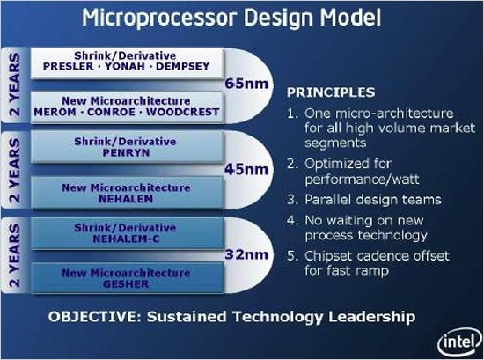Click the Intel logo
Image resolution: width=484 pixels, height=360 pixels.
[460, 342]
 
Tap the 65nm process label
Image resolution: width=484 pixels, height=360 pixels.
[246, 84]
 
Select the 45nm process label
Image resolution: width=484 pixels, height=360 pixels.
[246, 169]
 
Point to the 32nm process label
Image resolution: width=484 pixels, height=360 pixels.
[246, 254]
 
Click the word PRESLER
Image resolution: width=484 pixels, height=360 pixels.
[69, 66]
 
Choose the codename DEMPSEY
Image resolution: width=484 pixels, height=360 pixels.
[182, 66]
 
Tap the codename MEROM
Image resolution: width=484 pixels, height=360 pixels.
[55, 112]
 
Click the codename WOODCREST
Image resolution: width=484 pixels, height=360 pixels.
[183, 112]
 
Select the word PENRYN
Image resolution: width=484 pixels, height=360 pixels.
[126, 152]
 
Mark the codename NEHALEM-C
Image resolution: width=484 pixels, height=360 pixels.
[126, 239]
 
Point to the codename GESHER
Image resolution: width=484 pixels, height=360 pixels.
[126, 283]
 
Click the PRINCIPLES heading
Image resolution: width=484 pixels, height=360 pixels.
[331, 92]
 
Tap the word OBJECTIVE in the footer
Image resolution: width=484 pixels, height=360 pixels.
[94, 317]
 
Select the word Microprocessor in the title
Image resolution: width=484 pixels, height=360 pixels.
[160, 18]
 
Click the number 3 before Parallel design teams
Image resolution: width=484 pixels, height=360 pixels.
[290, 200]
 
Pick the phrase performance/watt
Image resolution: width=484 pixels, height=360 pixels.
[362, 180]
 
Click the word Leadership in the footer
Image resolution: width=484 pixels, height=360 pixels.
[371, 317]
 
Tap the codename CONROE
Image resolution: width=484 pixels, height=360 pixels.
[111, 112]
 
